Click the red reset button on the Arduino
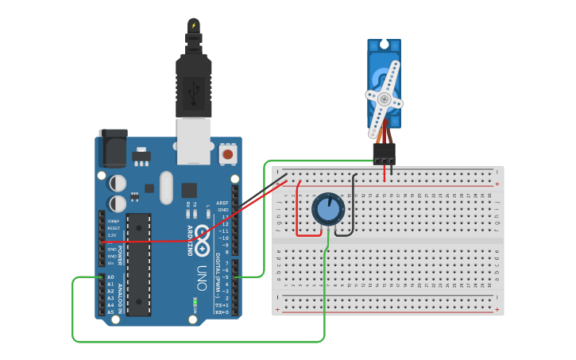228,154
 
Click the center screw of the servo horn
385,99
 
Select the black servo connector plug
384,153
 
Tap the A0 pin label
110,277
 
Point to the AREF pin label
223,203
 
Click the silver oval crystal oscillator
165,188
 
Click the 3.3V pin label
113,235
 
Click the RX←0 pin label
222,312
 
